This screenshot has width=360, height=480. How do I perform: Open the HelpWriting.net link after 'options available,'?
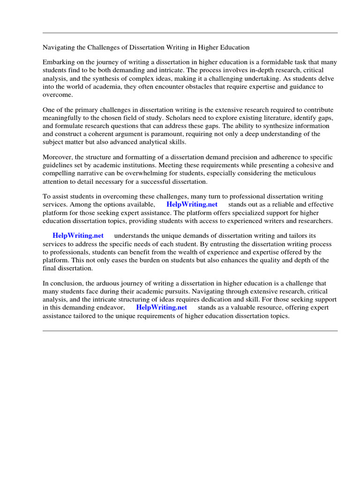click(x=192, y=205)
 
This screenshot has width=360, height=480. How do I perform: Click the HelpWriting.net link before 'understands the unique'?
click(x=78, y=236)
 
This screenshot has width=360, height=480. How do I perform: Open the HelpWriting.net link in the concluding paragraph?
click(x=161, y=307)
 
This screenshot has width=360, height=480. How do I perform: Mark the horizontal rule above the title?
click(x=190, y=33)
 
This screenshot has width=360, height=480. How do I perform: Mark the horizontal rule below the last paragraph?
click(x=190, y=331)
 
